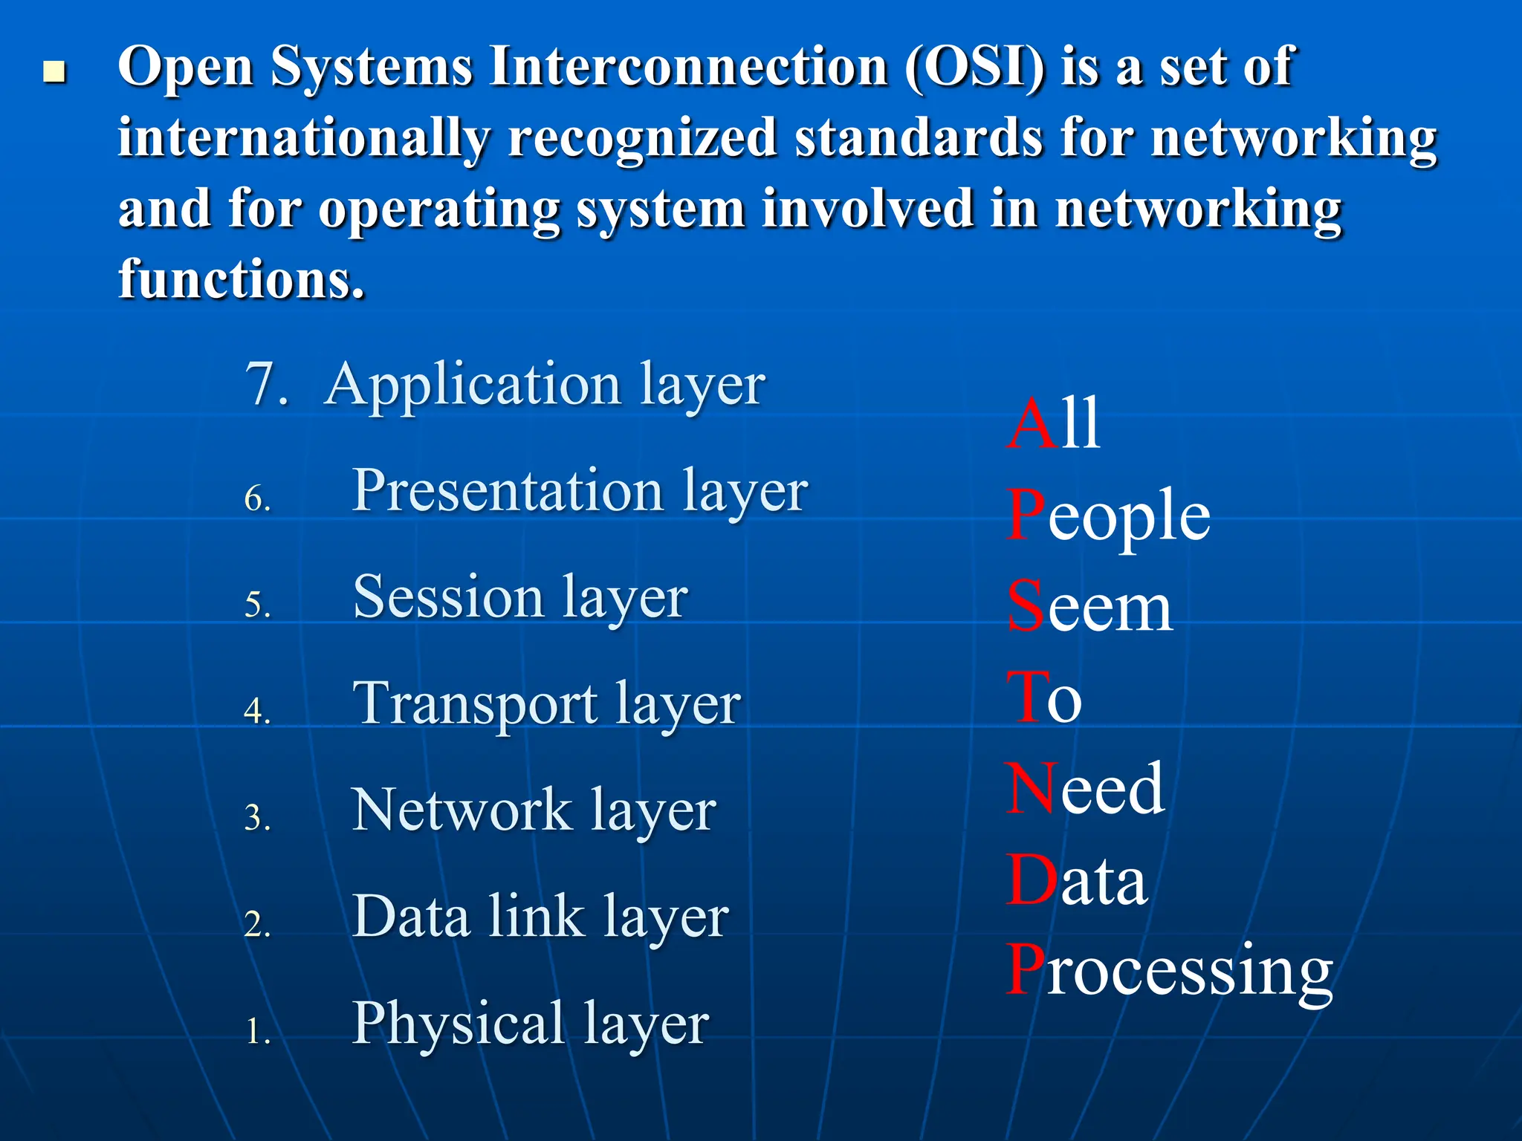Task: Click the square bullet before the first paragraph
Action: point(54,72)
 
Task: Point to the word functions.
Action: point(241,279)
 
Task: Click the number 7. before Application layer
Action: point(266,385)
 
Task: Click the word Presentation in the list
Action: point(508,491)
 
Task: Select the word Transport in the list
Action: point(475,704)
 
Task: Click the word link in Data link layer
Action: point(536,917)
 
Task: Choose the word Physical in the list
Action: point(458,1024)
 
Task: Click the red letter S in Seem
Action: point(1026,606)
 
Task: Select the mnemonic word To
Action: point(1043,698)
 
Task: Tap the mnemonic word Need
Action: point(1085,789)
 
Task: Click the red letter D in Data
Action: point(1031,881)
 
